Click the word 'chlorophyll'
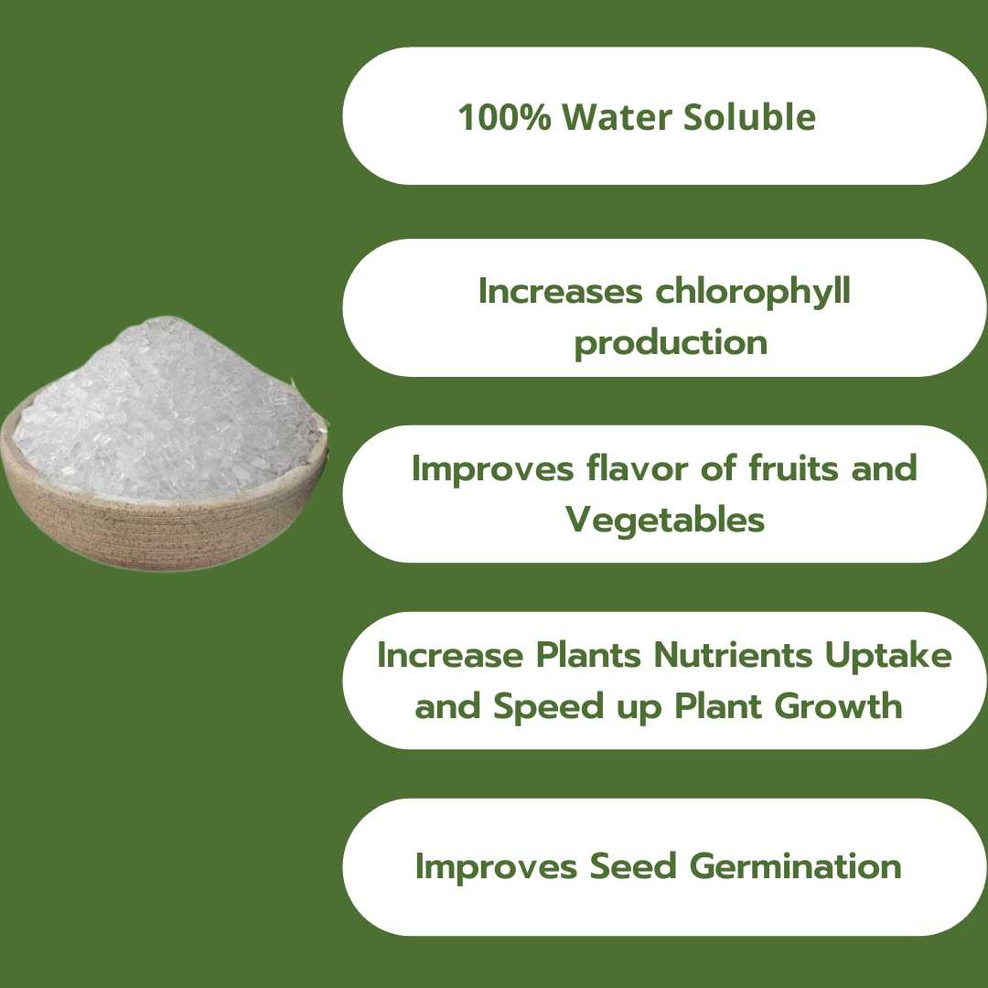pos(753,292)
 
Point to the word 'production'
pos(670,343)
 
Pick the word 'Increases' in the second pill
pos(560,292)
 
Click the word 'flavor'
pos(629,468)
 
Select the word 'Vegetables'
pos(665,520)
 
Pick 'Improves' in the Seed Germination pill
pos(495,865)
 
